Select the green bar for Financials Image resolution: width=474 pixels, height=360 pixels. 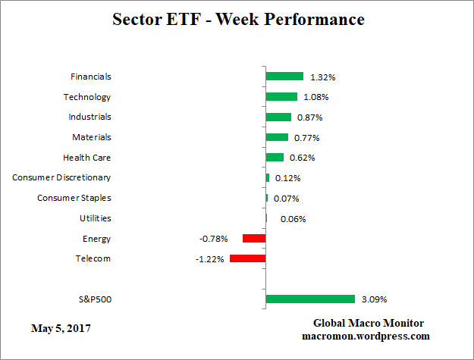tap(284, 77)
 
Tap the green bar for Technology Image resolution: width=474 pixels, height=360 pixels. tap(281, 97)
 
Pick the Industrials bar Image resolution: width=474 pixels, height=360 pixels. tap(278, 117)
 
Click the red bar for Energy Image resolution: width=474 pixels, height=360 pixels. tap(254, 238)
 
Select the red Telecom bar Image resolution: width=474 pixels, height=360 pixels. tap(247, 258)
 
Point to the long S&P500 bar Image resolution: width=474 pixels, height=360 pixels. tap(310, 299)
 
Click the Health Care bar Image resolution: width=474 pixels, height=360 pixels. tap(275, 158)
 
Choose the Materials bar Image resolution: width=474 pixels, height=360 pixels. tap(277, 137)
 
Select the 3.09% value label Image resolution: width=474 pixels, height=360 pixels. tap(374, 299)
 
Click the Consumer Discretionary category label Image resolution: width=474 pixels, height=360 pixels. tap(61, 177)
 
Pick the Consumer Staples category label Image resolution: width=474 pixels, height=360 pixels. tap(74, 198)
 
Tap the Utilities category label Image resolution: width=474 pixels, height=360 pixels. tap(96, 218)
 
